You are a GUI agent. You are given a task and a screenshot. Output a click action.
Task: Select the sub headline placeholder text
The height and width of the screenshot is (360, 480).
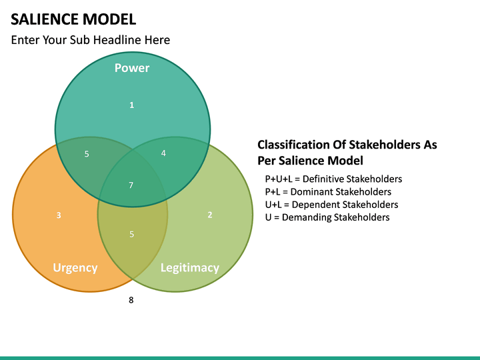click(x=91, y=40)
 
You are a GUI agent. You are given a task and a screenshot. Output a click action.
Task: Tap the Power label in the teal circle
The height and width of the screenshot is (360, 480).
click(x=132, y=68)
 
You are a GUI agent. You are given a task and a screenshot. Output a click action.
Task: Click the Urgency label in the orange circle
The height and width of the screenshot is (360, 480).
click(x=75, y=268)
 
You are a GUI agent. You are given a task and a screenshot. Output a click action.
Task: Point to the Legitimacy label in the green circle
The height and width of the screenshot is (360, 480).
click(x=190, y=268)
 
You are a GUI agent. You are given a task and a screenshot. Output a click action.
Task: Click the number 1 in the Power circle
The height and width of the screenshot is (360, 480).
click(x=131, y=105)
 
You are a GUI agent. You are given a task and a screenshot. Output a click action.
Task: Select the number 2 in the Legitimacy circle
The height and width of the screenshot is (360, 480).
click(x=210, y=215)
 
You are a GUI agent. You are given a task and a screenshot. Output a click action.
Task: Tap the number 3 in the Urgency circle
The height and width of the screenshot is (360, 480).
click(x=59, y=215)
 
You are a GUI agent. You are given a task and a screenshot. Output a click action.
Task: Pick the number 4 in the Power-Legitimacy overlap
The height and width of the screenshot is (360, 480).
click(x=163, y=153)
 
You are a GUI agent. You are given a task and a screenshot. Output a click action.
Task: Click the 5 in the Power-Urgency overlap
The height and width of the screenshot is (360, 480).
click(x=87, y=155)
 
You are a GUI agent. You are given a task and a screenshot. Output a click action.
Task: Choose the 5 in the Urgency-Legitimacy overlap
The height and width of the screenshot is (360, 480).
click(x=131, y=234)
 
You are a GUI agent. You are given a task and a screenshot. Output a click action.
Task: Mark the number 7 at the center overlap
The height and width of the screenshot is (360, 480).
click(x=131, y=185)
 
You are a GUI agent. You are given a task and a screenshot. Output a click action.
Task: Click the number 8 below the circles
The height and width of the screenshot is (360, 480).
click(x=131, y=301)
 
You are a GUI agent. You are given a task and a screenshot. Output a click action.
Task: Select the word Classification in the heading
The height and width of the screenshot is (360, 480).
click(x=294, y=145)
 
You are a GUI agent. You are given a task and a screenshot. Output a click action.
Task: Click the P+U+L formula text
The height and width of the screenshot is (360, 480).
click(x=279, y=179)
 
